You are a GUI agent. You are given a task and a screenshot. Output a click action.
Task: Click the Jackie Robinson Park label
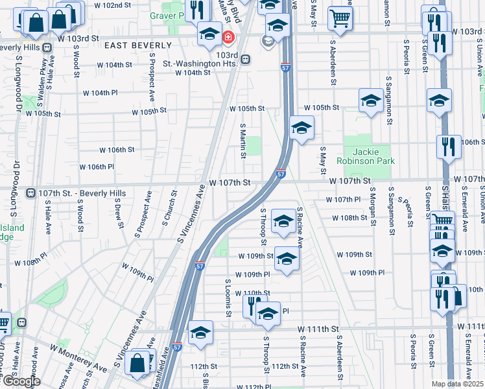(366, 156)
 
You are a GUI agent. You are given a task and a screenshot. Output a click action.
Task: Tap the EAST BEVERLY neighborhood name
(137, 45)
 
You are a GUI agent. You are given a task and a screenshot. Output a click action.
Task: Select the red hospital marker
(228, 38)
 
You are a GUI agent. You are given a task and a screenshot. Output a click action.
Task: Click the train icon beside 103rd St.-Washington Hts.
(244, 59)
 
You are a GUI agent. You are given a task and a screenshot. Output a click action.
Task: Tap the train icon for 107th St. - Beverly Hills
(30, 193)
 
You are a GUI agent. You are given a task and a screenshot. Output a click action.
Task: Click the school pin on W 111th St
(201, 333)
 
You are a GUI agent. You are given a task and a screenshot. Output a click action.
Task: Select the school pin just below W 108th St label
(283, 221)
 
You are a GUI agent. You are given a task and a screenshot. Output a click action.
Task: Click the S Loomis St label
(228, 298)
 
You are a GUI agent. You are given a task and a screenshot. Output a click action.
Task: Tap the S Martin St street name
(243, 141)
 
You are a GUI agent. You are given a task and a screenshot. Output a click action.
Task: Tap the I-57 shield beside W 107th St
(281, 174)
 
